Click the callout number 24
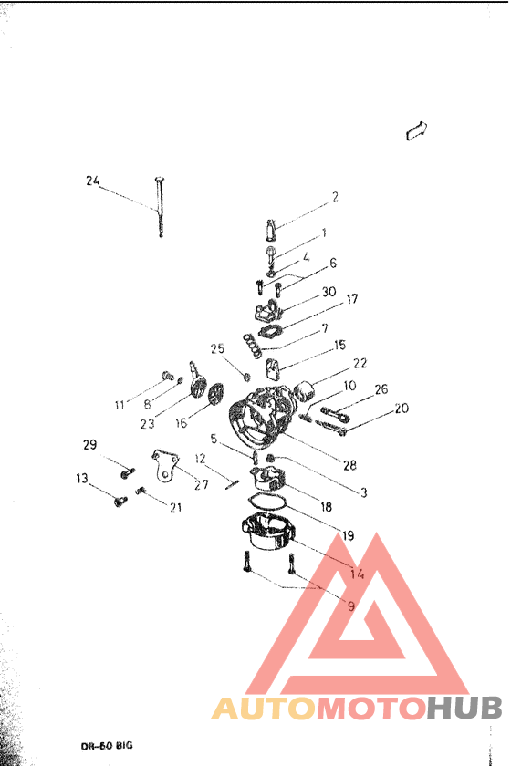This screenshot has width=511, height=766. [x=92, y=181]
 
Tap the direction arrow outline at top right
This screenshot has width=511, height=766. [x=418, y=130]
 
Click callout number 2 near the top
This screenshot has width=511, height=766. [x=335, y=196]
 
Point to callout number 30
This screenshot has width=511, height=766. [x=329, y=292]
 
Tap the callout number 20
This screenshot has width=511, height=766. [x=401, y=409]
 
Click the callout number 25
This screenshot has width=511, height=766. [x=217, y=348]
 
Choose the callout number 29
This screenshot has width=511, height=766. [x=89, y=445]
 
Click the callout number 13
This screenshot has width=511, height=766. [x=82, y=479]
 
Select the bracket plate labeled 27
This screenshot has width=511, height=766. [x=162, y=463]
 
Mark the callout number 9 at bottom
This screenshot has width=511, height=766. [x=350, y=604]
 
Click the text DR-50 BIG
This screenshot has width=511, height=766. [x=106, y=745]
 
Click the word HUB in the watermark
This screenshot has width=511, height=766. [x=464, y=708]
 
